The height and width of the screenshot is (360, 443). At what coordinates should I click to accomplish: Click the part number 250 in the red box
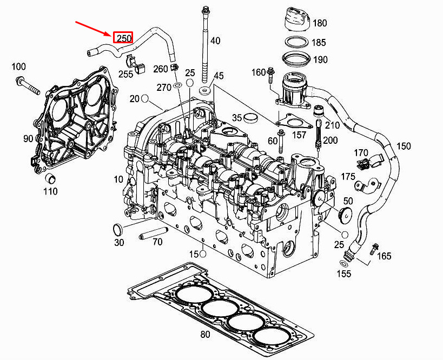[x=123, y=38]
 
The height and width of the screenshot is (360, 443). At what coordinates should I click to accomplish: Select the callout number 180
[x=320, y=23]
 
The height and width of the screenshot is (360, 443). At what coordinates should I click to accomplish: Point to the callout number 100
[x=18, y=66]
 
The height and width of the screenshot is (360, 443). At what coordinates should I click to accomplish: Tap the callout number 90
[x=29, y=138]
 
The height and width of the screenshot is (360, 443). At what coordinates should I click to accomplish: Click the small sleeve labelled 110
[x=50, y=178]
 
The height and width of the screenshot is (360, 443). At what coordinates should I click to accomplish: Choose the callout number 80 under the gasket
[x=205, y=335]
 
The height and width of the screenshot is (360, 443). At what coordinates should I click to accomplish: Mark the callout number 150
[x=404, y=146]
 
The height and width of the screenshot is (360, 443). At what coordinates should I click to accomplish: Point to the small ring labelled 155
[x=344, y=263]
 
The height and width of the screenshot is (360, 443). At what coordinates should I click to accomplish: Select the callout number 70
[x=157, y=242]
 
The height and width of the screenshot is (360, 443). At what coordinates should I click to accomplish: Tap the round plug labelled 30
[x=118, y=229]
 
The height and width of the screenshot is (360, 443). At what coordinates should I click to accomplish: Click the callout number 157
[x=299, y=135]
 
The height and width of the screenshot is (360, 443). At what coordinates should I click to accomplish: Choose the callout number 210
[x=333, y=125]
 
